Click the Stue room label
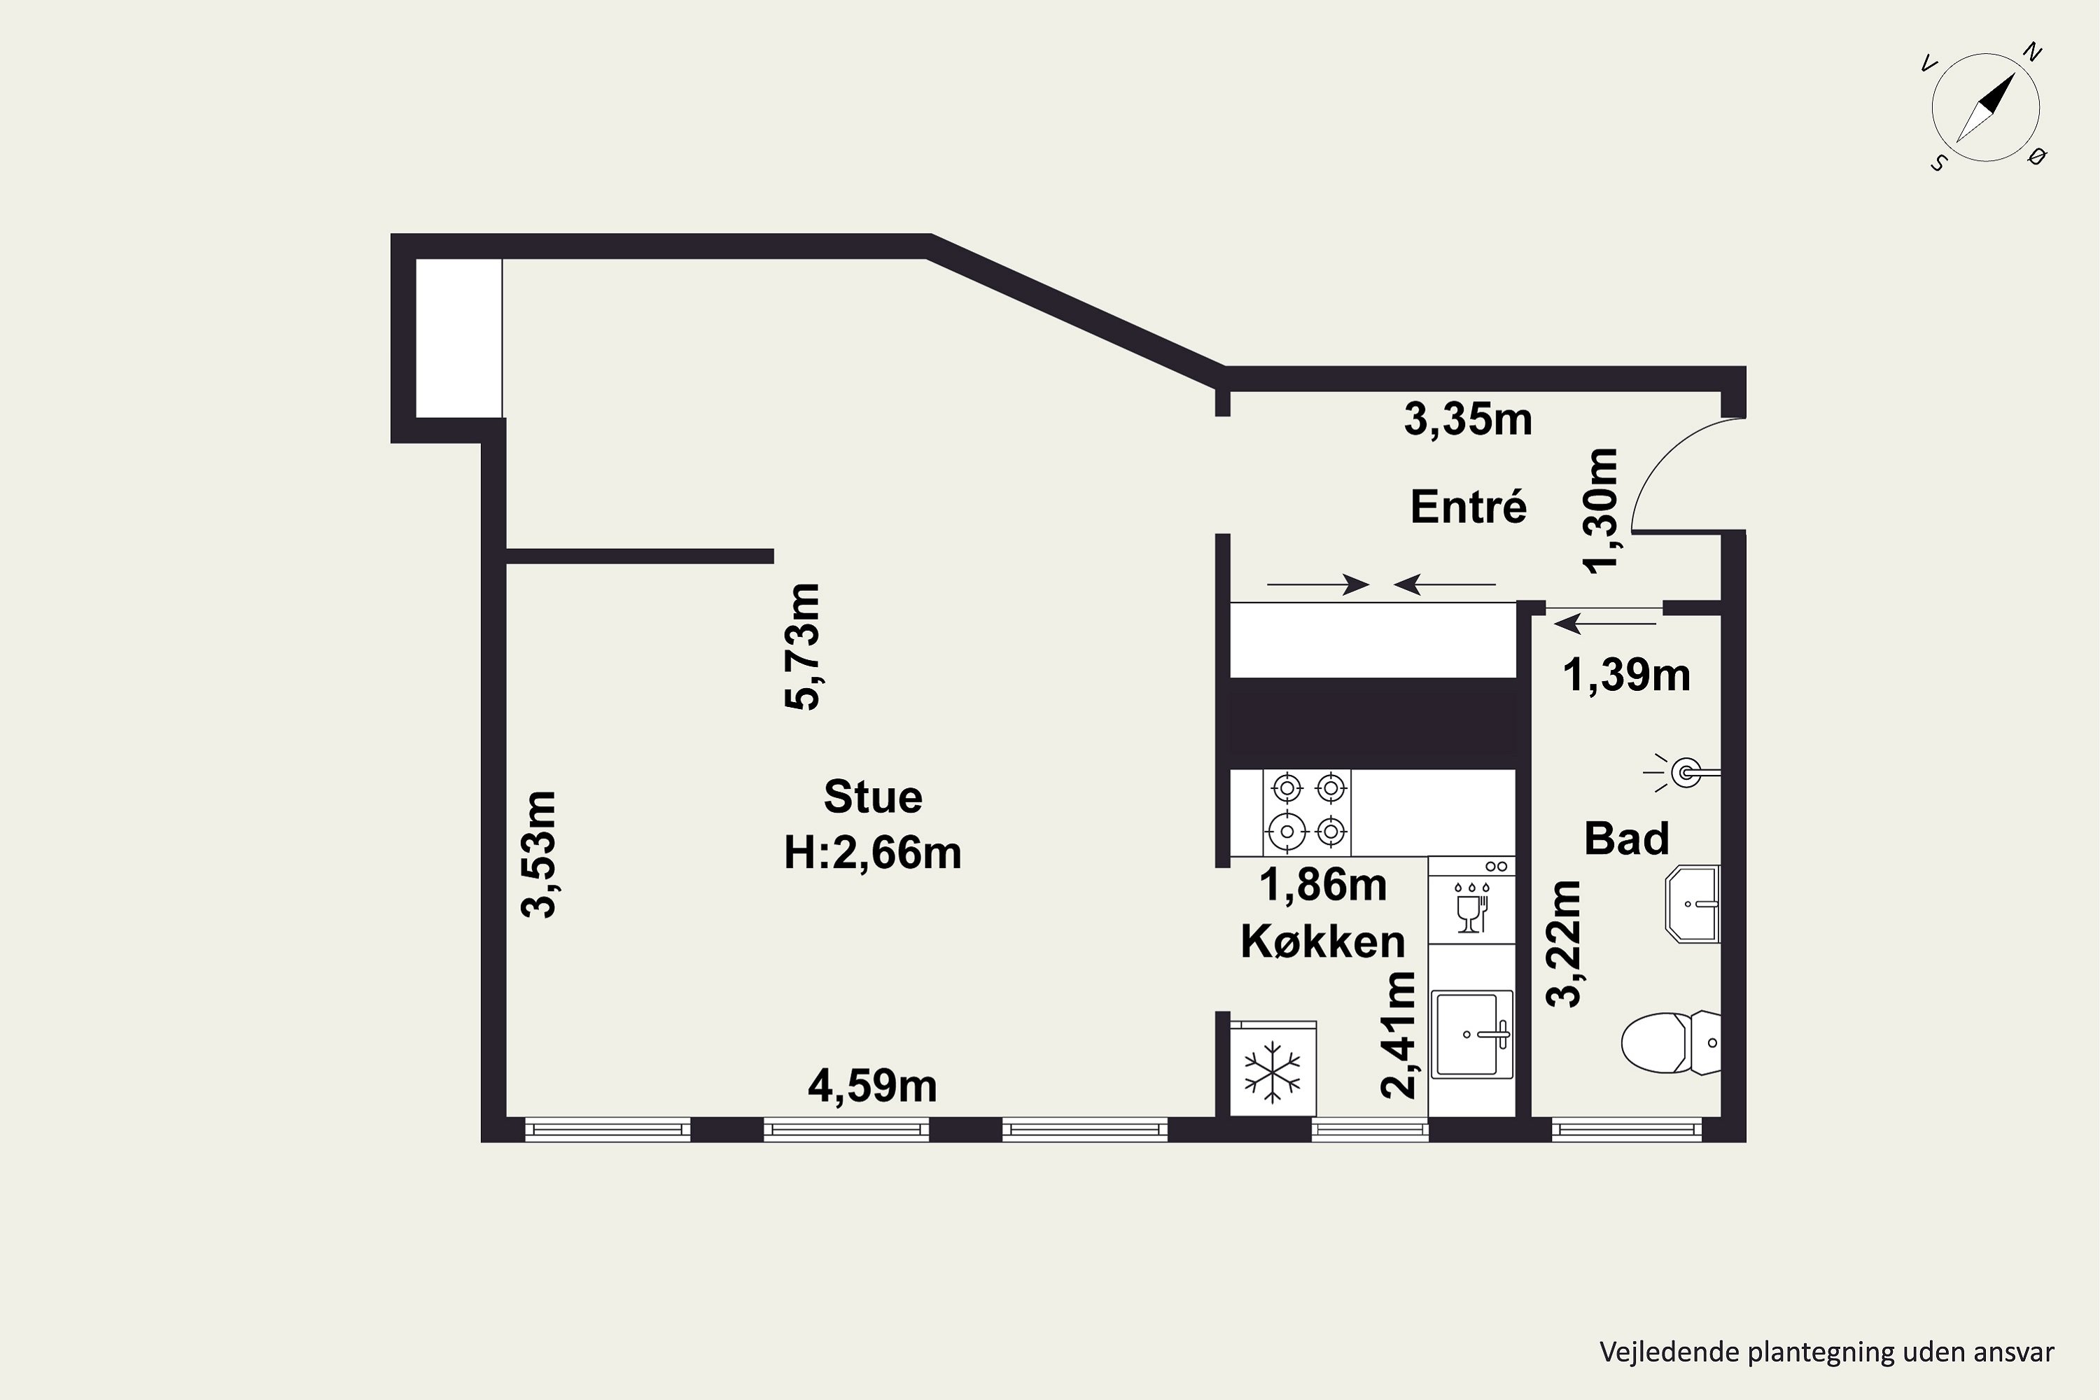pos(872,797)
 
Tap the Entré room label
pos(1469,507)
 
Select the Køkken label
pos(1322,941)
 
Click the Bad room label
pos(1626,839)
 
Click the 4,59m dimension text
pos(872,1086)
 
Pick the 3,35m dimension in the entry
pos(1468,419)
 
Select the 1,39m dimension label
pos(1626,675)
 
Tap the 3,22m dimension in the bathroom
pos(1564,944)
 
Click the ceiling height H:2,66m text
pos(872,853)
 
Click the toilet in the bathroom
pos(1669,1042)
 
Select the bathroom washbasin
pos(1692,904)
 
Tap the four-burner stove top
pos(1307,811)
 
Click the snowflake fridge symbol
pos(1273,1070)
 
